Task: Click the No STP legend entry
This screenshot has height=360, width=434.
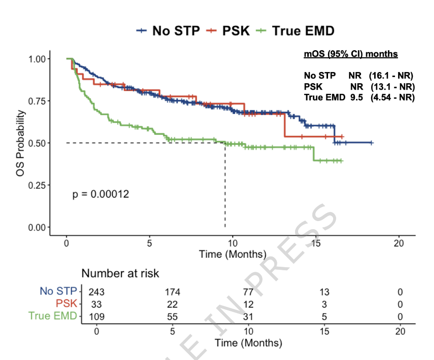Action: [x=168, y=31]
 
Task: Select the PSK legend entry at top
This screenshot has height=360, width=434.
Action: [x=228, y=31]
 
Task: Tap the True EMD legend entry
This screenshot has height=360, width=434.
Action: [x=295, y=31]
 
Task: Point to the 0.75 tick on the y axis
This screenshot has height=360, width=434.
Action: [x=37, y=101]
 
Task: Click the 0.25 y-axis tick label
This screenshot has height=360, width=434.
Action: [x=37, y=186]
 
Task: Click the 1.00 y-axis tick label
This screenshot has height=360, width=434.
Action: [x=37, y=59]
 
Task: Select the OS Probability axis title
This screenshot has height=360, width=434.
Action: [x=20, y=143]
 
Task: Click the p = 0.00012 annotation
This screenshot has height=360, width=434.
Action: [x=101, y=194]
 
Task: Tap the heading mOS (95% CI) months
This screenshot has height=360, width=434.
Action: [x=351, y=54]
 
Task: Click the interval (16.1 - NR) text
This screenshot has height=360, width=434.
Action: [x=391, y=76]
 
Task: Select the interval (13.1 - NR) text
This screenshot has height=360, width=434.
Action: [x=393, y=87]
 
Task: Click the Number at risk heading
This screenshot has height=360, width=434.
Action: [x=120, y=273]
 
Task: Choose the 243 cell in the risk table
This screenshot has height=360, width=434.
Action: [x=96, y=292]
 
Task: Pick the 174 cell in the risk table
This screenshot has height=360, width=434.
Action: [x=172, y=292]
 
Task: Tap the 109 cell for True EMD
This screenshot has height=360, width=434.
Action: [x=97, y=316]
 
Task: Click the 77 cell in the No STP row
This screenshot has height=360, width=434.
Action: [x=248, y=292]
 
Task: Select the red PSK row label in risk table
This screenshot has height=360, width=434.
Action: [x=66, y=304]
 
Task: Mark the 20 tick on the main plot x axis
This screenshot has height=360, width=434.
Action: [x=399, y=243]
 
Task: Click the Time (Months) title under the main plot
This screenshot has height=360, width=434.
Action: [x=233, y=254]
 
